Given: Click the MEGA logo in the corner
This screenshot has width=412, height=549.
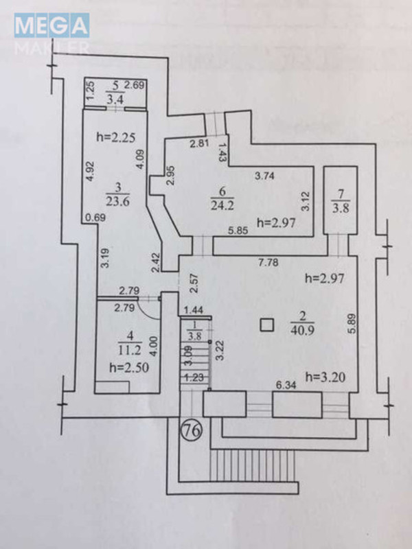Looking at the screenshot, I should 52,27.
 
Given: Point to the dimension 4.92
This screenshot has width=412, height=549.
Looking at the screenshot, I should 89,170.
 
